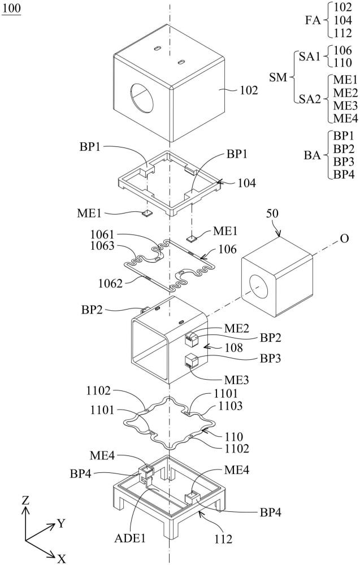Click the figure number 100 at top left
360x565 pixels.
tap(11, 11)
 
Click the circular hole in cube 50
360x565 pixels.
tap(262, 285)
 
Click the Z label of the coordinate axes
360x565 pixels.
tap(25, 501)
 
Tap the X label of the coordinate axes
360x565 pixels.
tap(62, 558)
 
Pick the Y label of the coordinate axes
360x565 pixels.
tap(60, 523)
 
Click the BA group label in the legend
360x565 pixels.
tap(313, 155)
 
